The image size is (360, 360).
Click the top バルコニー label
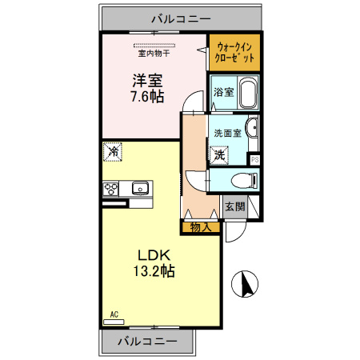(181, 19)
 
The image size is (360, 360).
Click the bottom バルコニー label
(147, 341)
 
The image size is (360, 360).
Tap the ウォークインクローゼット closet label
(234, 53)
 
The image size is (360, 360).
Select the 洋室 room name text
(147, 81)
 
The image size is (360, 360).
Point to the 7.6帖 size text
(147, 97)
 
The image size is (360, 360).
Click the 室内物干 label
(154, 54)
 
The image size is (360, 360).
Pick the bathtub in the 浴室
(248, 93)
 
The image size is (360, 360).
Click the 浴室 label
(224, 92)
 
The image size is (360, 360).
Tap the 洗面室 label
(228, 133)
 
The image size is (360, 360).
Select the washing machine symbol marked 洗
(219, 154)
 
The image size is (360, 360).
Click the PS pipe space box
(254, 159)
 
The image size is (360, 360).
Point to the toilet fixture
(244, 180)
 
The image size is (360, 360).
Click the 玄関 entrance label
(235, 206)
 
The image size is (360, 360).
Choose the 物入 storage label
(201, 227)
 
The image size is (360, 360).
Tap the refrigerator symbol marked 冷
(113, 152)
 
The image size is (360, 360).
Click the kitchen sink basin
(140, 188)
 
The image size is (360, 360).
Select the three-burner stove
(110, 189)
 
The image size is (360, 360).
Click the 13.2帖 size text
(154, 271)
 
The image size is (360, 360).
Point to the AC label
(114, 314)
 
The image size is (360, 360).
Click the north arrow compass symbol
(245, 284)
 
